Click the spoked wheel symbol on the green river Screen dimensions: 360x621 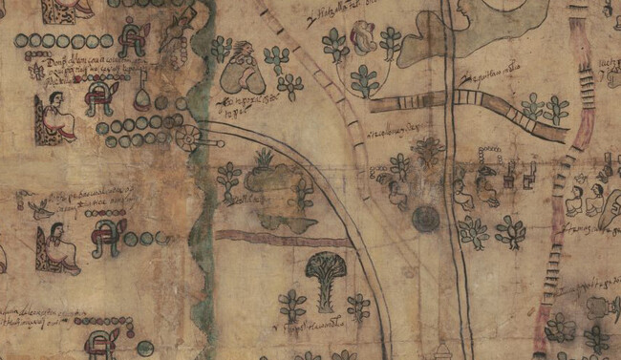click(187, 138)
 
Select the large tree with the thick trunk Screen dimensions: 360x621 click(326, 278)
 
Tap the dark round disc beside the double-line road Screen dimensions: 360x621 click(425, 219)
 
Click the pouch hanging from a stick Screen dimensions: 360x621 click(143, 98)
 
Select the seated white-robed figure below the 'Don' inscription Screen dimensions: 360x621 click(57, 118)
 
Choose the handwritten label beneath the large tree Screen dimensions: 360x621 click(320, 325)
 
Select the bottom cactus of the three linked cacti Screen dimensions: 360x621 click(363, 82)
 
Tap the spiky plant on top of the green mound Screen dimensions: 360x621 click(264, 158)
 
